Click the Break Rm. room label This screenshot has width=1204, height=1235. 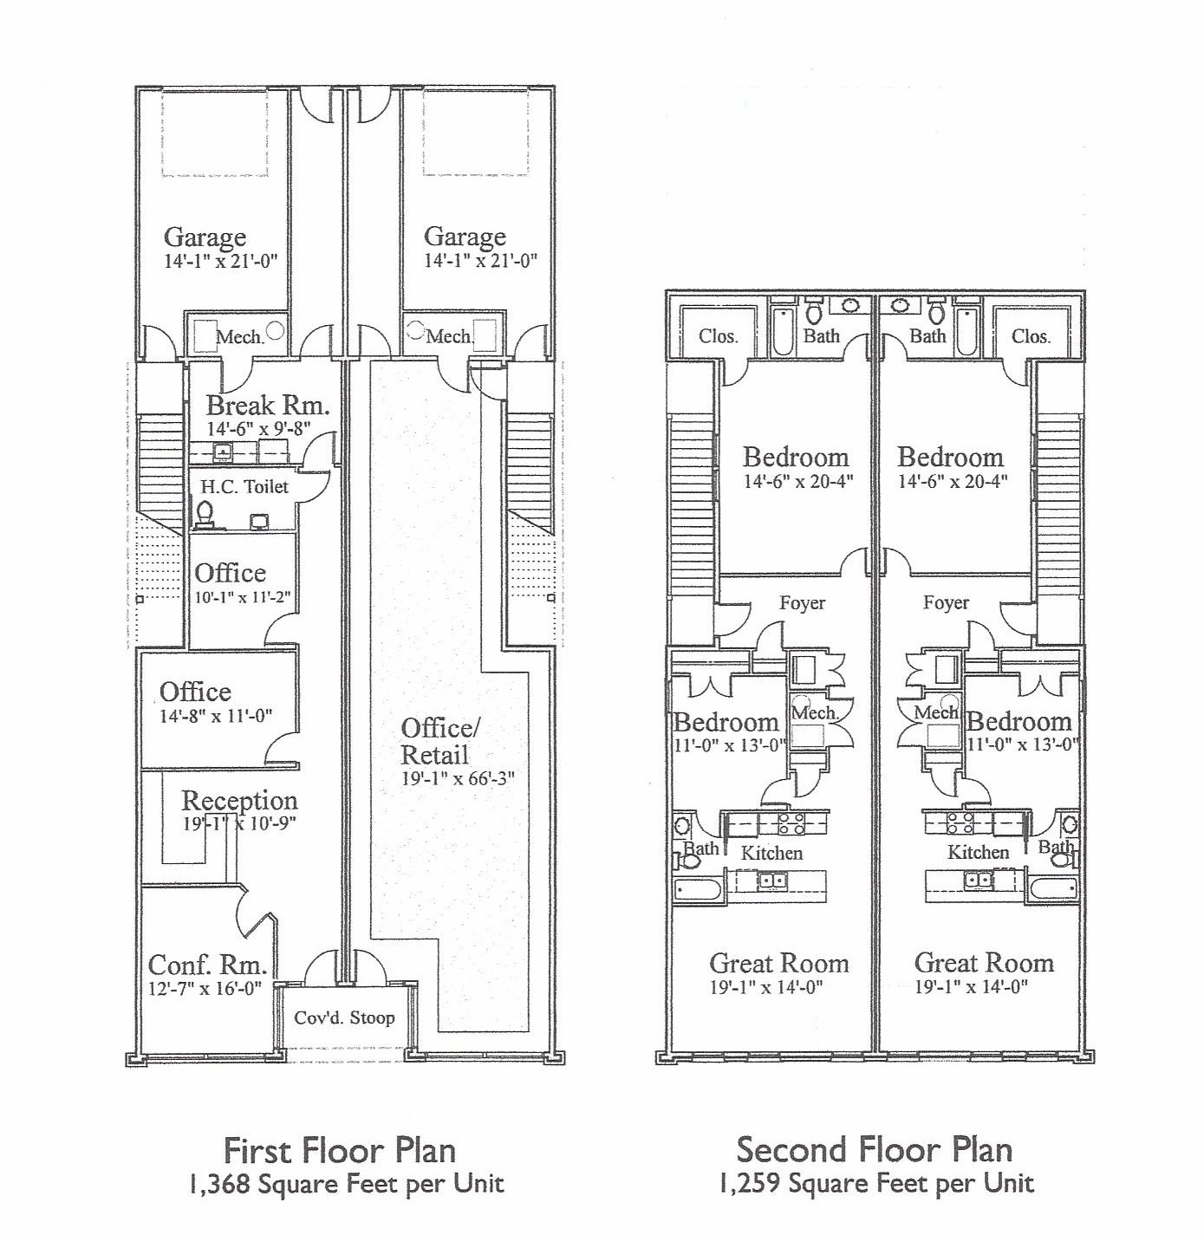267,406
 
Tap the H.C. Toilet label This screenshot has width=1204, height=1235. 244,487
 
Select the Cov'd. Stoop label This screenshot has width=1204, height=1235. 344,1018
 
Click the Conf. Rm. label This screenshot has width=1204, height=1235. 207,965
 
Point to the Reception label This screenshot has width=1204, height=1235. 239,801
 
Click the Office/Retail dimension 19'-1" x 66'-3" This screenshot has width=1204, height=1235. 458,778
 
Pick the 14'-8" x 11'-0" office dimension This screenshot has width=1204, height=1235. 216,716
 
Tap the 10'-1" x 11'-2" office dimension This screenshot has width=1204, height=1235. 243,597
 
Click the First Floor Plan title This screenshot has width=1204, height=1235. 340,1151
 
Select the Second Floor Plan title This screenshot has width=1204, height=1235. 874,1150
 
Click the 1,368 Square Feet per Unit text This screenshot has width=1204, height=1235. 347,1184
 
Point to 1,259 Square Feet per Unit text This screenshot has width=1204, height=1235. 876,1184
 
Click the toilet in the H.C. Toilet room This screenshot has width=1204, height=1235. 205,514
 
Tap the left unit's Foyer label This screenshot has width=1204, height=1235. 803,602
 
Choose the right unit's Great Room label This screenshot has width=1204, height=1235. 984,964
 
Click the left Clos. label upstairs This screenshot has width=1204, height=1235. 719,335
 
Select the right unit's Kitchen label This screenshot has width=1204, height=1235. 978,852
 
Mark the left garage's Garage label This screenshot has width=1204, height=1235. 205,237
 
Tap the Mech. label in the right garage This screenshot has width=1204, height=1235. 449,335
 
